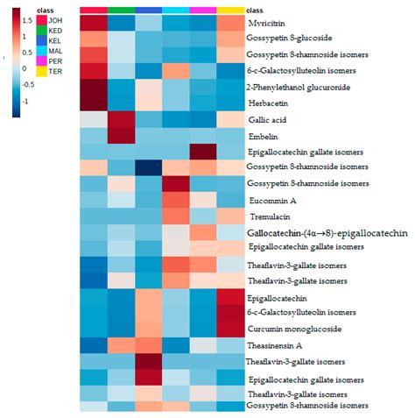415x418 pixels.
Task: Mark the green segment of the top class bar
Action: pos(122,9)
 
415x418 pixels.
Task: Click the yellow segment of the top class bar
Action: pos(230,9)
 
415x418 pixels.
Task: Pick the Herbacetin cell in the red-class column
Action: pos(95,103)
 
